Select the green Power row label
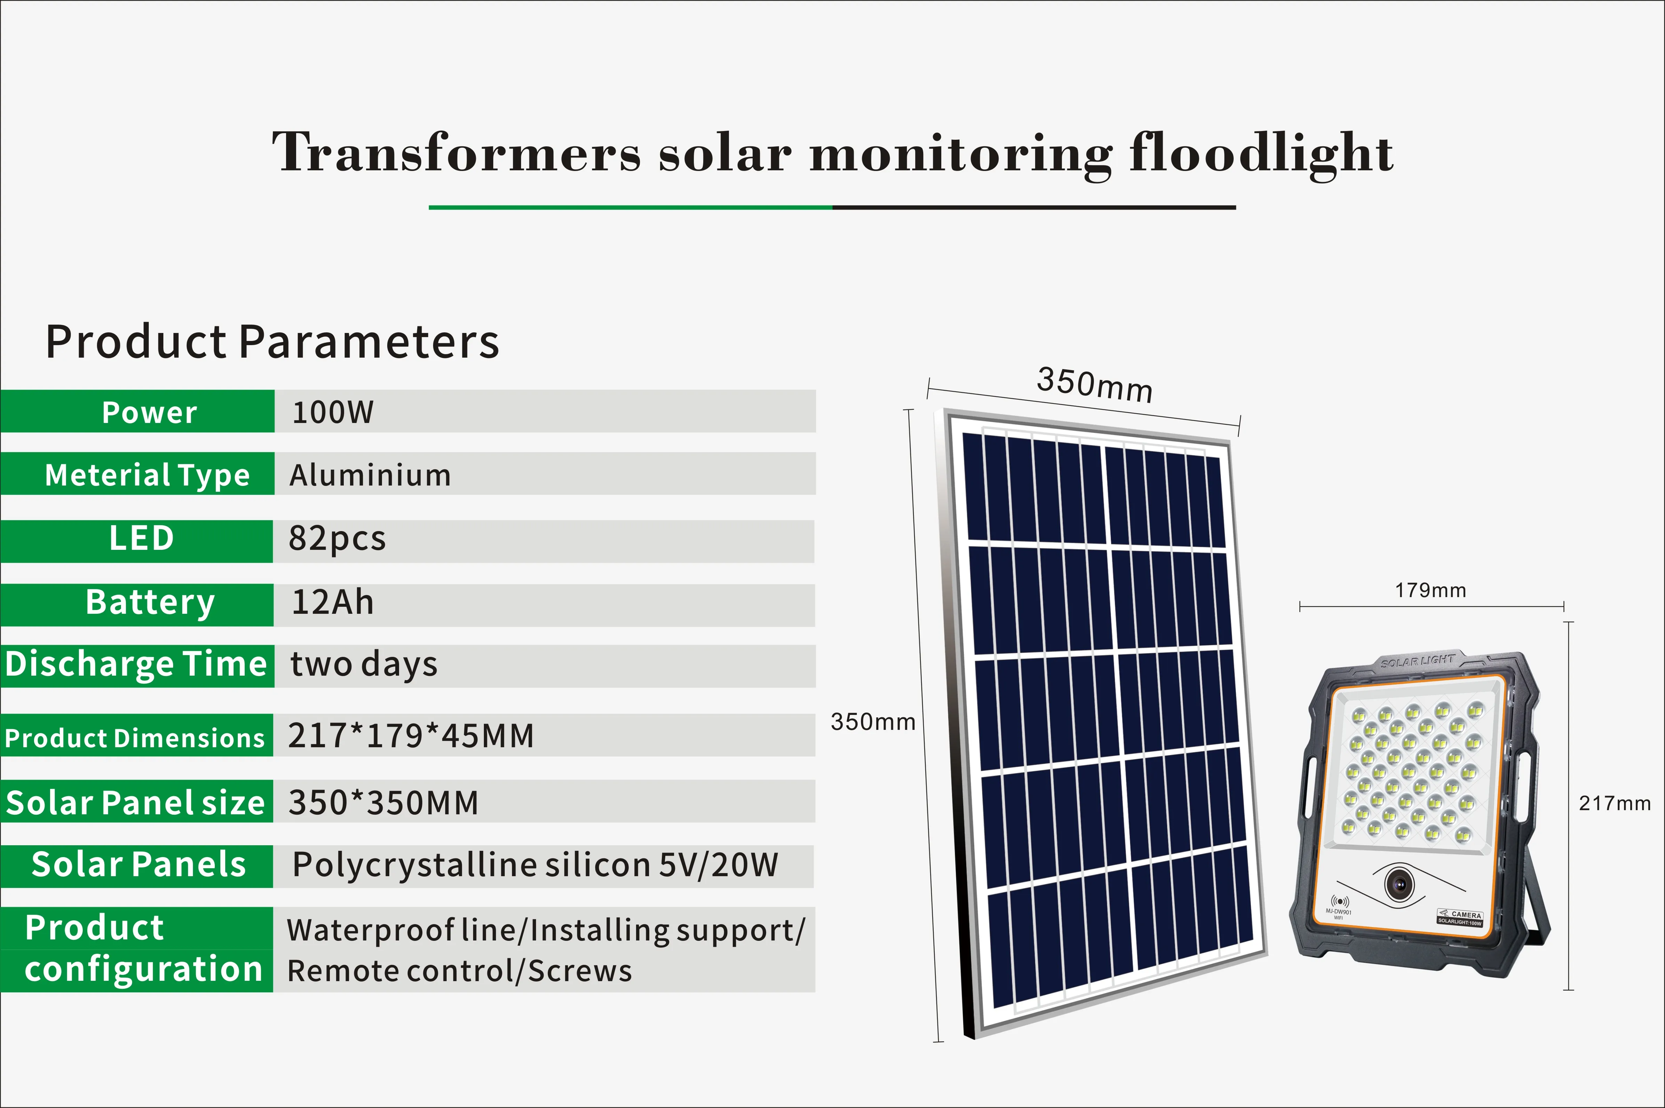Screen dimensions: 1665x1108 coord(137,411)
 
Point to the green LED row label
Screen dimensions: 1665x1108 coord(136,541)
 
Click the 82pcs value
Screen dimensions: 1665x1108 coord(337,538)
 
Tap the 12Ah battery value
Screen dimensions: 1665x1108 coord(332,602)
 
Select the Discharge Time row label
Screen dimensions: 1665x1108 coord(137,666)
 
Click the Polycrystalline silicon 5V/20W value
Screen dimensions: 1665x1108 coord(535,865)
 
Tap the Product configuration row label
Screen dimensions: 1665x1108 coord(136,949)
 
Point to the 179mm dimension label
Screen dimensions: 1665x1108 coord(1430,590)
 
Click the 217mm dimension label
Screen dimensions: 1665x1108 coord(1615,804)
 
